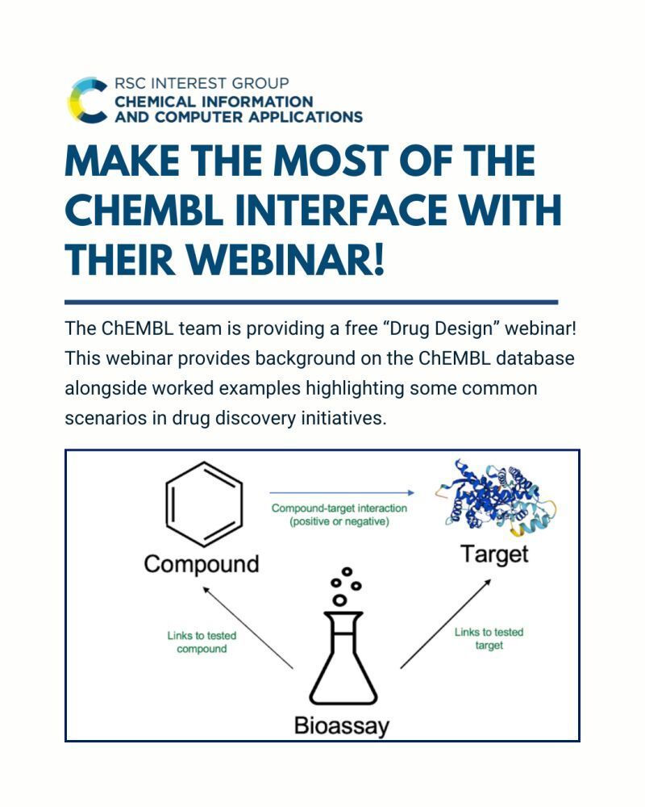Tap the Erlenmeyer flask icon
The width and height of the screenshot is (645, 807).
pyautogui.click(x=343, y=659)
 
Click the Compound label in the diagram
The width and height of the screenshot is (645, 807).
pyautogui.click(x=202, y=564)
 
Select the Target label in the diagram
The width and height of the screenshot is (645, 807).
pyautogui.click(x=494, y=554)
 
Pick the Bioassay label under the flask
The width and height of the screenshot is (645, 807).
pyautogui.click(x=342, y=726)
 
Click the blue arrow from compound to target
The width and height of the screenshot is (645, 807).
pyautogui.click(x=342, y=492)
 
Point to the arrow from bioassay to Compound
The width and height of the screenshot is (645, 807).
pyautogui.click(x=248, y=627)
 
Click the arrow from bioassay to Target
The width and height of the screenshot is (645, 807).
pyautogui.click(x=445, y=623)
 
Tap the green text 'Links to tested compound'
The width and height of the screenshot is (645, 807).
pyautogui.click(x=202, y=642)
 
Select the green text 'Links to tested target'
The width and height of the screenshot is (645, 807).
pyautogui.click(x=489, y=638)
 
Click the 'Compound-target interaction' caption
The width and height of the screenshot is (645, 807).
pyautogui.click(x=339, y=508)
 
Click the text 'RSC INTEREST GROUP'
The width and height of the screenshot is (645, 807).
pyautogui.click(x=202, y=83)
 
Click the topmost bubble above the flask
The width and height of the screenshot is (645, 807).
pyautogui.click(x=347, y=571)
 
